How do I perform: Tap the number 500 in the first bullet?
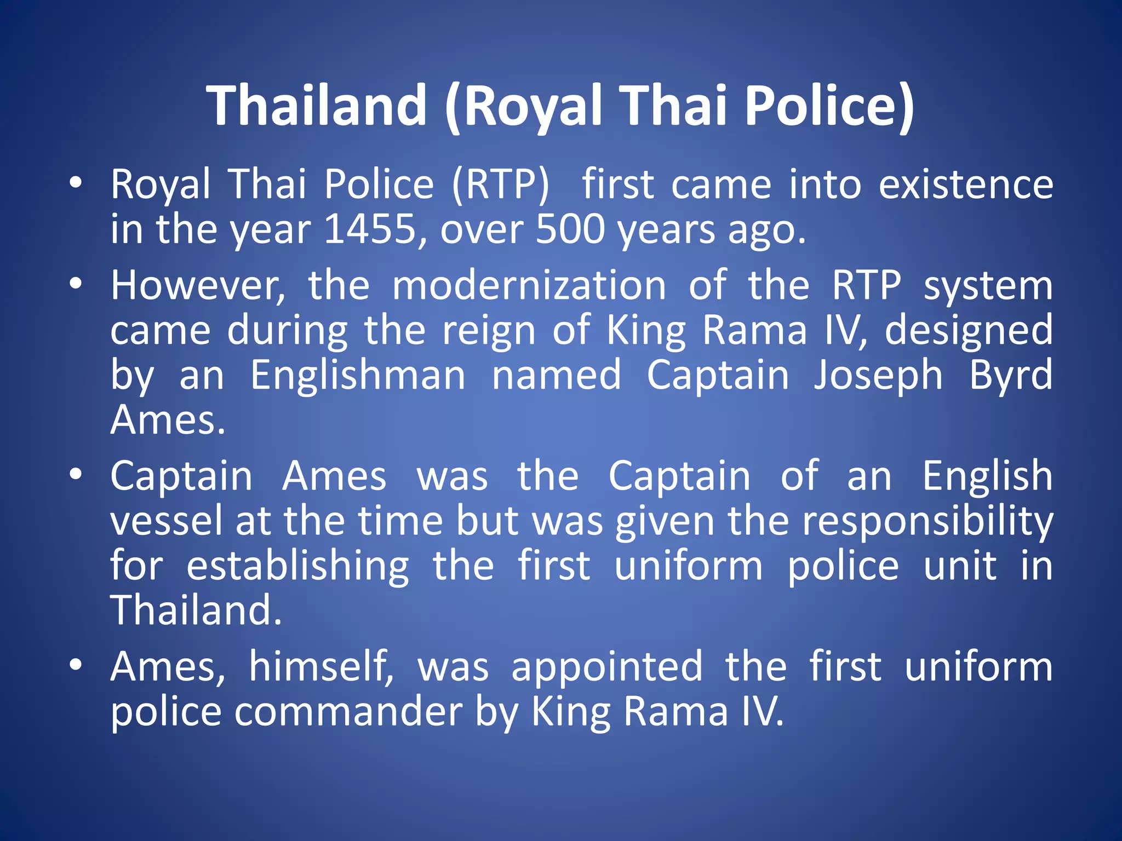[x=570, y=229]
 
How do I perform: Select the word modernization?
[x=529, y=286]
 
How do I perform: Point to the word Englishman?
[x=358, y=376]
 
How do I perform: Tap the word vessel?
[x=167, y=521]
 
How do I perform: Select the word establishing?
[x=297, y=566]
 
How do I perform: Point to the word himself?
[x=321, y=667]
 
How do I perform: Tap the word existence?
[x=966, y=185]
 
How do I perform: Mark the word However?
[x=198, y=286]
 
